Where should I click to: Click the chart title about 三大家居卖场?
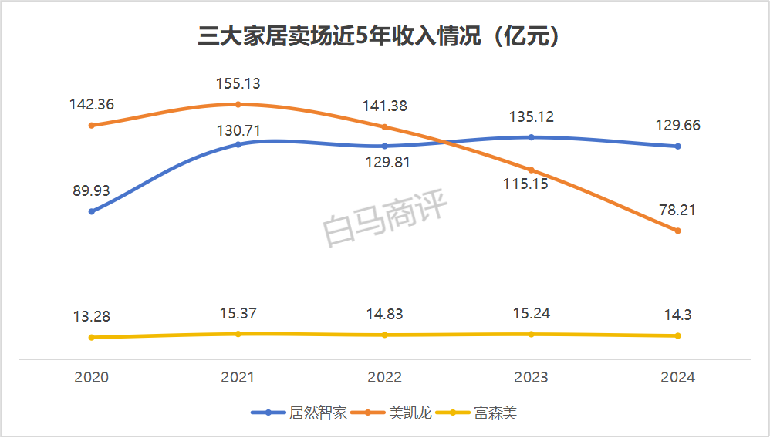click(378, 37)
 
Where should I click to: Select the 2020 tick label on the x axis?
click(91, 377)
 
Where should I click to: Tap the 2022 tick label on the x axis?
click(384, 377)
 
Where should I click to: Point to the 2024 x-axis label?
click(677, 377)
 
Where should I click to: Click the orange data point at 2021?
click(238, 104)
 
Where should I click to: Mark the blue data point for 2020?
click(91, 211)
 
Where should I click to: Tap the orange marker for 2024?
click(677, 231)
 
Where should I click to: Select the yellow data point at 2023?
click(531, 334)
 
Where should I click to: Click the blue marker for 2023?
click(531, 137)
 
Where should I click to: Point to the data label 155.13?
click(238, 83)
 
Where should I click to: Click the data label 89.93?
click(91, 190)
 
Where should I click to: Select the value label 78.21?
click(677, 209)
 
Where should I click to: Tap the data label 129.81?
click(384, 162)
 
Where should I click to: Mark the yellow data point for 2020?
click(91, 337)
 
